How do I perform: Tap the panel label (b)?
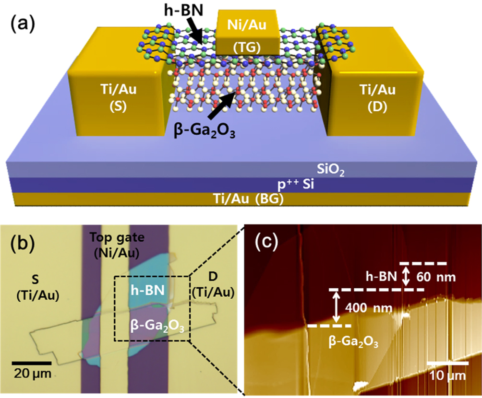pos(23,244)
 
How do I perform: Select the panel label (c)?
pos(265,244)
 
